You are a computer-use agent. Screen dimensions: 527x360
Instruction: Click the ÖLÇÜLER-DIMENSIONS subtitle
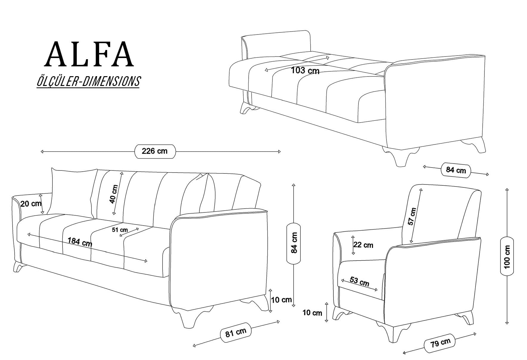click(x=88, y=81)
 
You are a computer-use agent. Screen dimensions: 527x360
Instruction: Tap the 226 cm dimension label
click(x=155, y=151)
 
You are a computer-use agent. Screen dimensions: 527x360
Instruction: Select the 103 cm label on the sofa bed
click(x=305, y=71)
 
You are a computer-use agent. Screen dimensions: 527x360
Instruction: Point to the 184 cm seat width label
click(x=80, y=242)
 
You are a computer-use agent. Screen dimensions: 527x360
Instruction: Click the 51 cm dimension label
click(x=120, y=230)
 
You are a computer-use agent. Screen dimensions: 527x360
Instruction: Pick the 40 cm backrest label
click(x=113, y=194)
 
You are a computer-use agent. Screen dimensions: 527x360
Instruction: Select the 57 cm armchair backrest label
click(x=412, y=217)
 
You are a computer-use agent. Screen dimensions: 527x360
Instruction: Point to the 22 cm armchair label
click(x=363, y=245)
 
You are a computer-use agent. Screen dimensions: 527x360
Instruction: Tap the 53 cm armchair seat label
click(x=359, y=281)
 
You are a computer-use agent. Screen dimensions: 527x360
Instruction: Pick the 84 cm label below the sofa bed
click(x=456, y=170)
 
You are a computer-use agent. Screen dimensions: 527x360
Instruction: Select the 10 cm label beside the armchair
click(x=312, y=313)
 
